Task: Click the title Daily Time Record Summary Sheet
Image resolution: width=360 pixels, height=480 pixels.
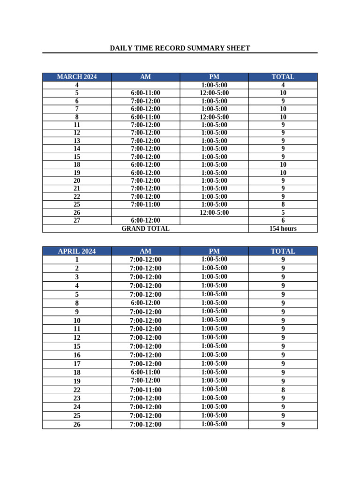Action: click(180, 48)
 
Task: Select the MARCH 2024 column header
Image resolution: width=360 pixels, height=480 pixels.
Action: click(77, 77)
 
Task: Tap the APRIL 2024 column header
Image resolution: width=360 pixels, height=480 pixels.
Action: click(77, 251)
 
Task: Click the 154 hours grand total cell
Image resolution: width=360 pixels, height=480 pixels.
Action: click(283, 229)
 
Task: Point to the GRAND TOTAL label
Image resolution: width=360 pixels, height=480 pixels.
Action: click(145, 229)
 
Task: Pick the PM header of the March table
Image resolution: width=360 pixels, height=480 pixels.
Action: click(214, 77)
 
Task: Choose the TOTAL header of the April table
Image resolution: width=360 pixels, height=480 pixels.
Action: click(283, 251)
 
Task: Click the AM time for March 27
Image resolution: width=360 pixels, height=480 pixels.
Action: click(145, 220)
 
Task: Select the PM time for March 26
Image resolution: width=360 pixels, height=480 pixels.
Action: click(214, 212)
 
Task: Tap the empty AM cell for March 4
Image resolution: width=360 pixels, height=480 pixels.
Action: click(145, 85)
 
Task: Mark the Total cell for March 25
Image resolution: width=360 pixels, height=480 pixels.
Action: click(283, 204)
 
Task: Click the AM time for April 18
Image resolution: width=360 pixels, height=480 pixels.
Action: click(145, 372)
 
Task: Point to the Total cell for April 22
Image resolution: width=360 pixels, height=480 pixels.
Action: click(283, 390)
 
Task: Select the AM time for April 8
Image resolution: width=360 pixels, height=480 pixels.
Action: click(145, 303)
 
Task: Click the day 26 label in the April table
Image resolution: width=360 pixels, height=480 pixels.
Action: click(77, 424)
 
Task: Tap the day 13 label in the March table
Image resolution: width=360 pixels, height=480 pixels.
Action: click(77, 141)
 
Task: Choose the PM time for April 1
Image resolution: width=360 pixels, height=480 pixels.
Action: click(214, 259)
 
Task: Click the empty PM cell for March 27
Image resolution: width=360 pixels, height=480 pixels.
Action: click(214, 220)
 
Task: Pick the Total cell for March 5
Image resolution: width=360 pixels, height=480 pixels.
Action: click(283, 93)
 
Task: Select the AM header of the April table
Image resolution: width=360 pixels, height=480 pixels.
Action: click(145, 251)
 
